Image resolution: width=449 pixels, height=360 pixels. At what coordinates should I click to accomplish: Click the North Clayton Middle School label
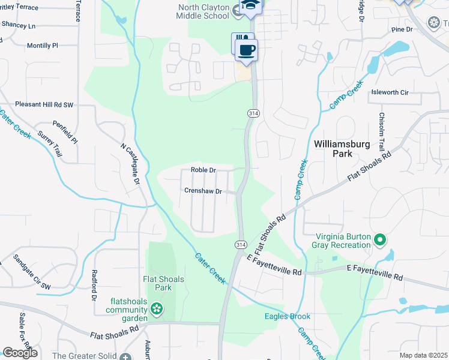[x=203, y=11]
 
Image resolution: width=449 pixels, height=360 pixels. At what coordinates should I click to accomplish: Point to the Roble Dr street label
[x=203, y=170]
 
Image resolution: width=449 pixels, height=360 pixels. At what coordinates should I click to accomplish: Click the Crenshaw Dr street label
[x=203, y=191]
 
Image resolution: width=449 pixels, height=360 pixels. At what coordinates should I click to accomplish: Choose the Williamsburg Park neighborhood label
[x=337, y=148]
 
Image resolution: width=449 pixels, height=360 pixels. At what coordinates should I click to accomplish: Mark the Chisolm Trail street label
[x=381, y=133]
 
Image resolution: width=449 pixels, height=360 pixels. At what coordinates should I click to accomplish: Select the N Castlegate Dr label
[x=130, y=163]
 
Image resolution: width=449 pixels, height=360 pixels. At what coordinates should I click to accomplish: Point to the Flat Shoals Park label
[x=163, y=283]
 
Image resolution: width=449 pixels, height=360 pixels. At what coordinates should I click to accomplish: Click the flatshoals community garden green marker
[x=157, y=309]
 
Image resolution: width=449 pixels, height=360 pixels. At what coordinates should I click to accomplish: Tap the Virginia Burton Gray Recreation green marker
[x=379, y=241]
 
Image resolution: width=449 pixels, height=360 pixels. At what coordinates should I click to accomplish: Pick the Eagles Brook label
[x=288, y=316]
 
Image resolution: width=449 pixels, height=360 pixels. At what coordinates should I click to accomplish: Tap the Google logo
[x=20, y=353]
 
